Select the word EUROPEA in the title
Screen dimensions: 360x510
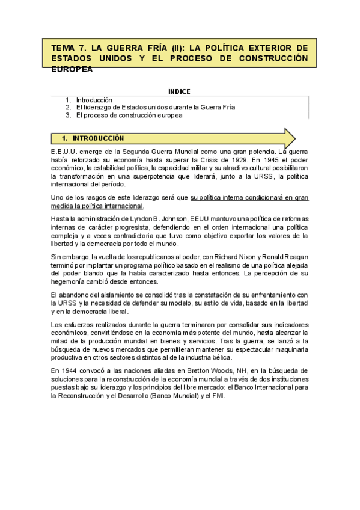pyautogui.click(x=72, y=69)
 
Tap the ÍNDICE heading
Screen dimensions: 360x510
pyautogui.click(x=179, y=91)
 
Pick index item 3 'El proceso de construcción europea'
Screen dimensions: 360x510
pyautogui.click(x=129, y=115)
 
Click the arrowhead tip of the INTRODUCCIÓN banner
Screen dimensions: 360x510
pyautogui.click(x=294, y=138)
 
